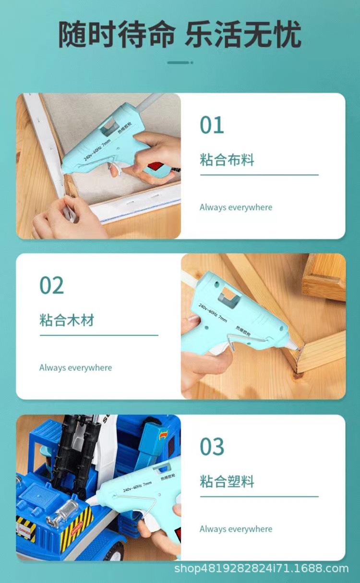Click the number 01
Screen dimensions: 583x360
tap(212, 125)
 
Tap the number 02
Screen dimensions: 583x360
tap(51, 285)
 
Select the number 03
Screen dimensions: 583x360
tap(212, 447)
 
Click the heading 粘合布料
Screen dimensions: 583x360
tap(227, 160)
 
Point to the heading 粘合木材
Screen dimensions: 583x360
tap(67, 320)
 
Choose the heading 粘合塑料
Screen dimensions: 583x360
tap(227, 481)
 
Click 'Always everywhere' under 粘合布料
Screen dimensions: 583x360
tap(236, 207)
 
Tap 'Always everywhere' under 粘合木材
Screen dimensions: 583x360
tap(75, 368)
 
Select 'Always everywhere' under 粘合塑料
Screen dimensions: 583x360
tap(236, 529)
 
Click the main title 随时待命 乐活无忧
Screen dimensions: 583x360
tap(180, 34)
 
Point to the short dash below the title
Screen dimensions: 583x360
tap(180, 62)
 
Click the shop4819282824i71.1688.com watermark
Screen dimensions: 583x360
tap(261, 569)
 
